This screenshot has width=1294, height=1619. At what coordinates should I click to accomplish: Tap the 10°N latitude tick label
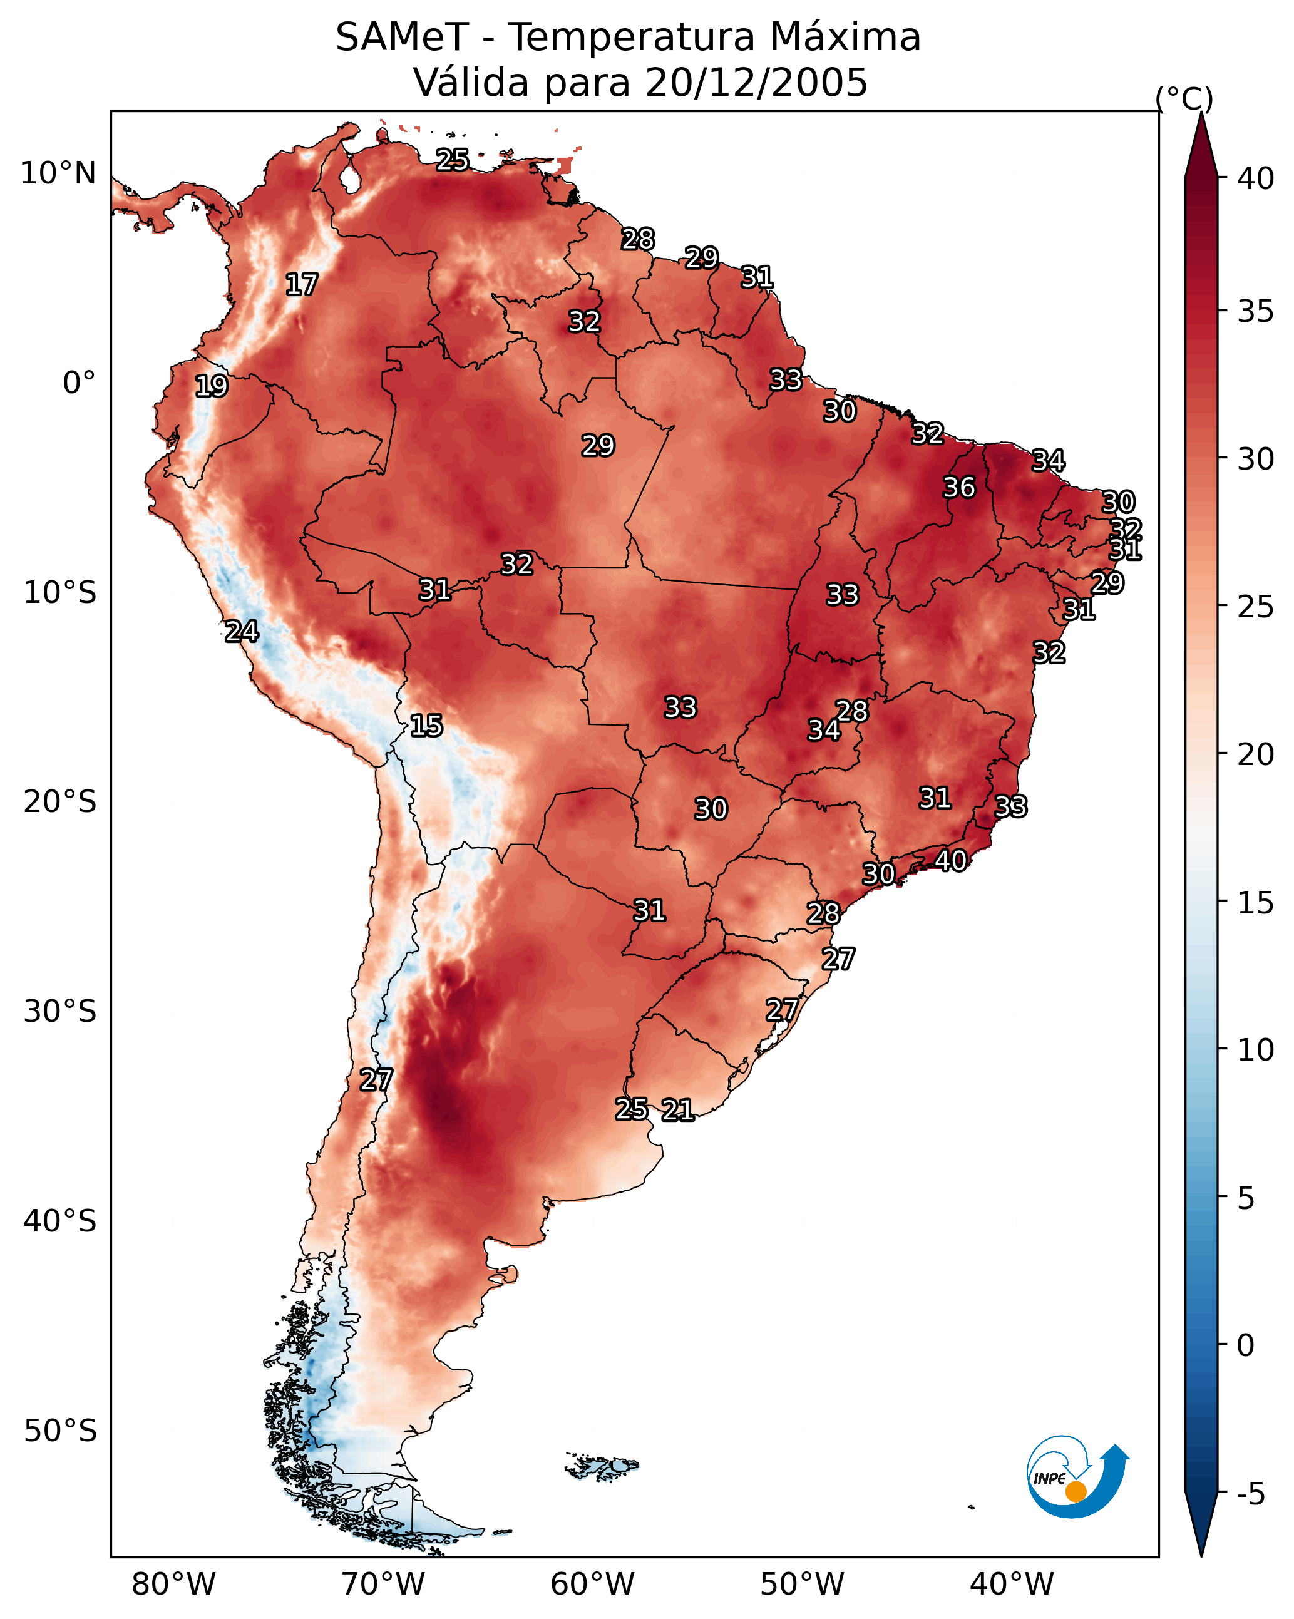click(x=58, y=173)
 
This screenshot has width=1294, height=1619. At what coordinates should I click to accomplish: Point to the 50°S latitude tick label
click(x=60, y=1431)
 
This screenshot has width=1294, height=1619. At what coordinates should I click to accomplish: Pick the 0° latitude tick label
click(x=79, y=383)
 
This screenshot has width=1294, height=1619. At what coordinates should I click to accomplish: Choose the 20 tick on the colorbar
click(x=1255, y=754)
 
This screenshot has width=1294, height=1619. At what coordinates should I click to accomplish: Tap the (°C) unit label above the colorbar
click(x=1184, y=98)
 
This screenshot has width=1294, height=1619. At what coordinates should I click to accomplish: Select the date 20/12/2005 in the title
click(x=756, y=83)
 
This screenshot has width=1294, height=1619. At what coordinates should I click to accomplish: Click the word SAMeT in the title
click(x=402, y=38)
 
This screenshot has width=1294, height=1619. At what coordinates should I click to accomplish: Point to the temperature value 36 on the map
click(x=959, y=487)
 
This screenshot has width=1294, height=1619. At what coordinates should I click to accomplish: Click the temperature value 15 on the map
click(x=426, y=726)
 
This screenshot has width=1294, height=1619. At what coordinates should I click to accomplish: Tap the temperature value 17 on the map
click(x=302, y=285)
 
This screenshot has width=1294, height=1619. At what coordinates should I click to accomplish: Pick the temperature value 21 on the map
click(x=677, y=1110)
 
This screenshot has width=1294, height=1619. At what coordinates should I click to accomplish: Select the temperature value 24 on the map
click(x=242, y=632)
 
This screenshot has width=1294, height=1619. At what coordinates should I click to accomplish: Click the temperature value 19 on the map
click(x=211, y=386)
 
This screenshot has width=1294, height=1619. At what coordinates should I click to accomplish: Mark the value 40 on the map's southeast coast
click(x=951, y=861)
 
